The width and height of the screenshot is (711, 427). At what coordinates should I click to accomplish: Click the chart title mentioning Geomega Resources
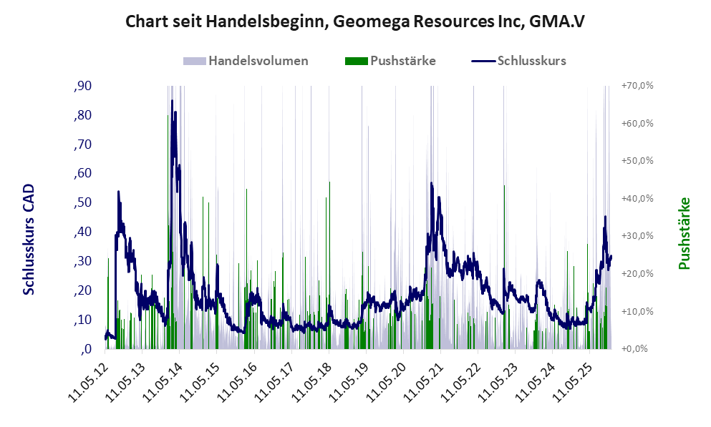click(x=355, y=21)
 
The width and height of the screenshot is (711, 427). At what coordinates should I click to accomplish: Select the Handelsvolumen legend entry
click(x=258, y=61)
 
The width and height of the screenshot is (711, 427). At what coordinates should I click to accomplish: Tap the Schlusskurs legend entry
click(x=531, y=61)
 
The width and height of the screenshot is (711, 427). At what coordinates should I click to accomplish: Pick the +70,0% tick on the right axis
click(x=637, y=86)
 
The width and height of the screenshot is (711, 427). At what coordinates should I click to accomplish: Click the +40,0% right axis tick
click(x=637, y=198)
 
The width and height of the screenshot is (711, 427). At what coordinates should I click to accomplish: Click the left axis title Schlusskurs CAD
click(x=29, y=240)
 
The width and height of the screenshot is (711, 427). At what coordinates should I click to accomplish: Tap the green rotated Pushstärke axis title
click(x=684, y=234)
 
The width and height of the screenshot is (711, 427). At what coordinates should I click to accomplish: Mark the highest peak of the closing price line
click(x=172, y=101)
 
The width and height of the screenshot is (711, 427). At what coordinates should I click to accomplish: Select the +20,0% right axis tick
click(x=637, y=274)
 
